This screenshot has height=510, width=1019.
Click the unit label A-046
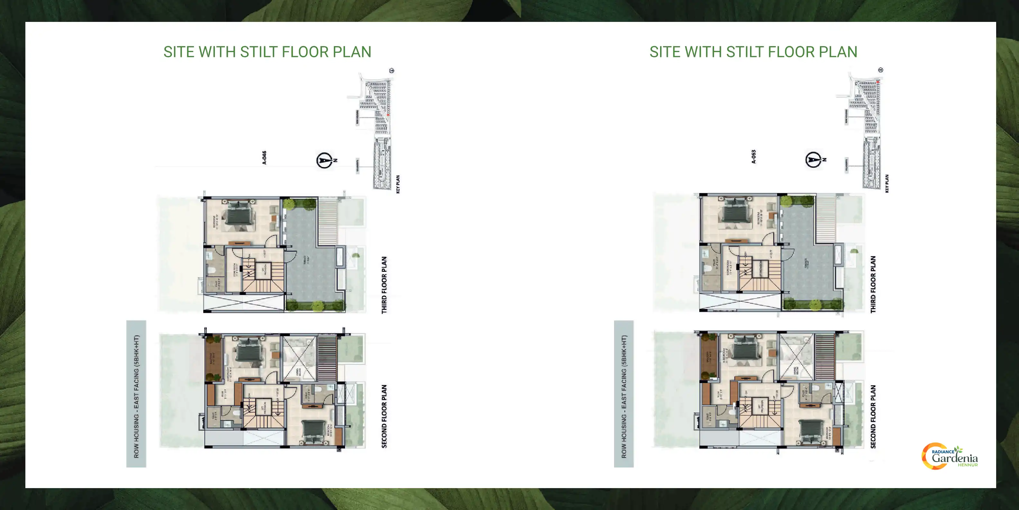264,157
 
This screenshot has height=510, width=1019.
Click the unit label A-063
754,156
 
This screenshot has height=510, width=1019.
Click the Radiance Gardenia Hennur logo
950,457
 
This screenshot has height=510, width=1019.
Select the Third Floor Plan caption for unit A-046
384,285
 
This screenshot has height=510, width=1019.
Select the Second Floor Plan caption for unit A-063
873,417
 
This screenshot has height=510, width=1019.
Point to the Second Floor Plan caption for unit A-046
384,417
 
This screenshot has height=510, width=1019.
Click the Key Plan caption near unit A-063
886,183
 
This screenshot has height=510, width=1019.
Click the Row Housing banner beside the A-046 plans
136,394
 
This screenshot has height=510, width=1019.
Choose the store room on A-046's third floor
234,269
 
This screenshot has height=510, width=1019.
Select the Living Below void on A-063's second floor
796,358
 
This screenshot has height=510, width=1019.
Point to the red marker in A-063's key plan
878,81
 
